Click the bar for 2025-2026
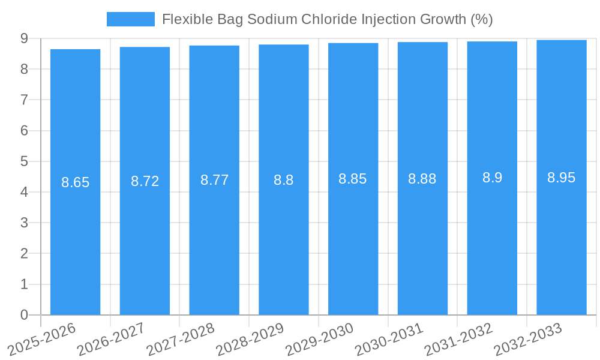point(75,240)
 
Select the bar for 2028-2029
point(284,240)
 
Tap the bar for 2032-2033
point(562,240)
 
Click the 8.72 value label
point(145,181)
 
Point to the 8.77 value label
point(214,180)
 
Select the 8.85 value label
point(353,179)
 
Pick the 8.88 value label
point(422,179)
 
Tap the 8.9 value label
point(492,178)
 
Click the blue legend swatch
point(130,19)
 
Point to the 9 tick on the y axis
point(24,38)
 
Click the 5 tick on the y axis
point(24,161)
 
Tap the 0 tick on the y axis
point(24,315)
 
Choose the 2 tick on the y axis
point(24,254)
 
